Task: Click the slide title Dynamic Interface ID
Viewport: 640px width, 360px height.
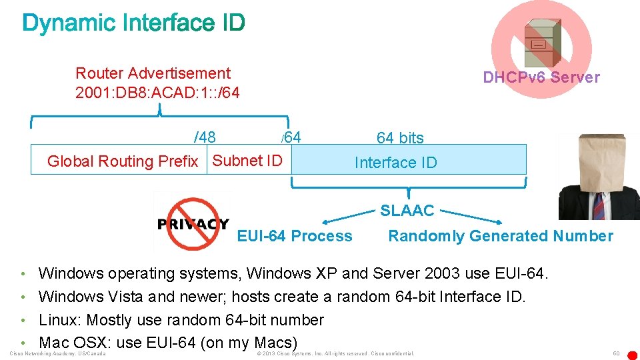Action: (133, 24)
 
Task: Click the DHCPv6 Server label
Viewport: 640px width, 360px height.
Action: (541, 77)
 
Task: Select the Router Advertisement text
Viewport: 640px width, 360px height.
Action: (153, 73)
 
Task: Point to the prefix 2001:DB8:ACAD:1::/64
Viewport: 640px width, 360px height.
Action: (157, 92)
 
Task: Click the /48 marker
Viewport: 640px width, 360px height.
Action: (205, 137)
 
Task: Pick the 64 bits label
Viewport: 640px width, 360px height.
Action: (400, 138)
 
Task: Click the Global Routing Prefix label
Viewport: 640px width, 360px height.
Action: (123, 161)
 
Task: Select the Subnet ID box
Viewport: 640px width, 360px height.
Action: (247, 161)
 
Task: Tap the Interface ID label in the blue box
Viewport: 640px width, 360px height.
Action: (395, 163)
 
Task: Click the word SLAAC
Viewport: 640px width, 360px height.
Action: (407, 211)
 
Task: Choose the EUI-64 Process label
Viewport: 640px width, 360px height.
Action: (295, 236)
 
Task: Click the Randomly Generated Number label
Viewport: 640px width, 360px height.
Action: (500, 236)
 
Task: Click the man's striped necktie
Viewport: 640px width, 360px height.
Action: (598, 204)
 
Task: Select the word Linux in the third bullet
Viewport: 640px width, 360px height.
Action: (59, 320)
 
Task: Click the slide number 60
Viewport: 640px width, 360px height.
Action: (616, 353)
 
